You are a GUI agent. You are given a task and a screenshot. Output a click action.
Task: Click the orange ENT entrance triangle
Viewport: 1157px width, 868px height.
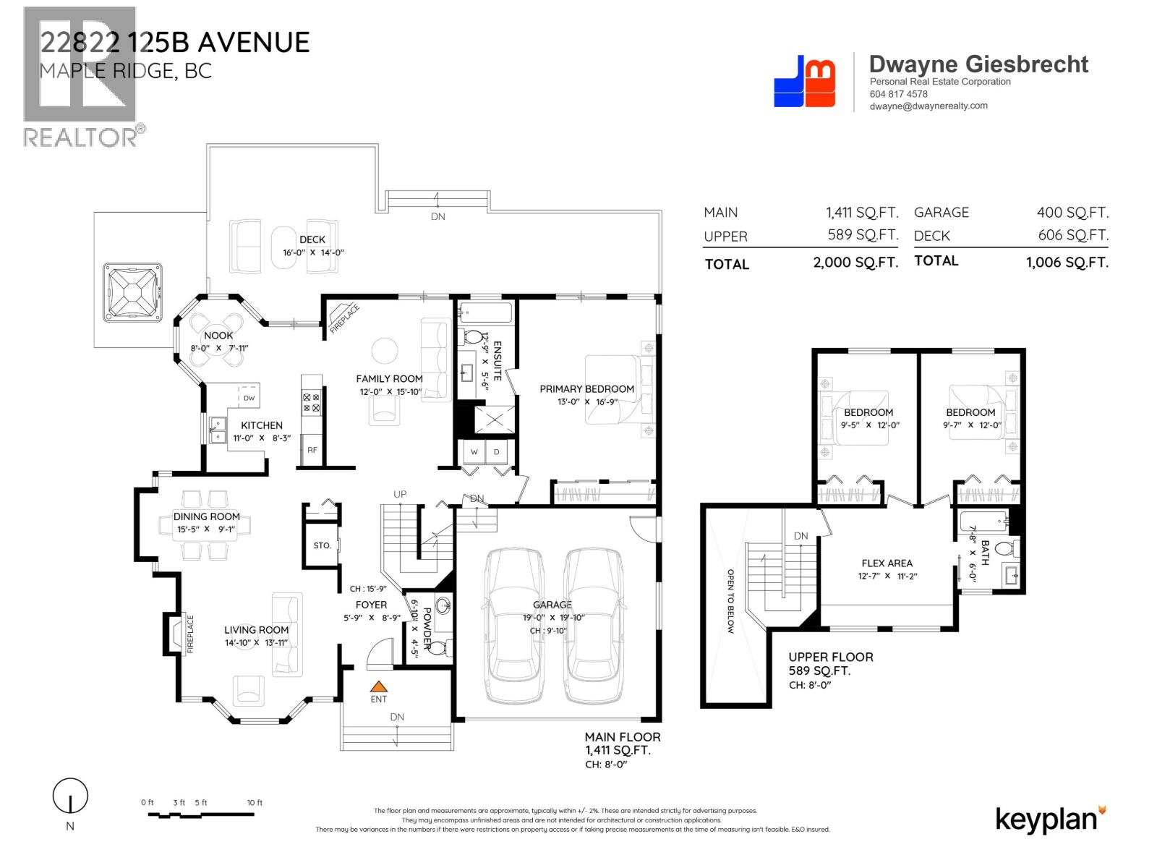point(379,686)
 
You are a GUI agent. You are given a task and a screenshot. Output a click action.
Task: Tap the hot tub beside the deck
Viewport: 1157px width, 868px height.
point(131,292)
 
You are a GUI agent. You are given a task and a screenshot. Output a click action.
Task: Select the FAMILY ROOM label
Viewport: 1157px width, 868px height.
point(389,378)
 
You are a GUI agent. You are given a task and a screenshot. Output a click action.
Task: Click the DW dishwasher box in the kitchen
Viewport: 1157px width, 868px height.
point(249,398)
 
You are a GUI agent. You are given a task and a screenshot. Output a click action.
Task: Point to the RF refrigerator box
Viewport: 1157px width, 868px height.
point(312,450)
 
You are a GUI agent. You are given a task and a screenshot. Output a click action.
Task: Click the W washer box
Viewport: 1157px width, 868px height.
point(474,452)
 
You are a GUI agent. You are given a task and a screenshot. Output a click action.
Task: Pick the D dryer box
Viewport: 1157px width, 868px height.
point(497,452)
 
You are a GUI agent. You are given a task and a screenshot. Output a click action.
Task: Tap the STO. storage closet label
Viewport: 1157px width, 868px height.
point(323,545)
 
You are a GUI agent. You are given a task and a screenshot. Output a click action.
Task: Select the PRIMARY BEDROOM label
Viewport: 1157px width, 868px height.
point(586,389)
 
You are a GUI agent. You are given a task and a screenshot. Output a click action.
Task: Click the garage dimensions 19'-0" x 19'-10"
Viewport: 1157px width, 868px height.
point(552,618)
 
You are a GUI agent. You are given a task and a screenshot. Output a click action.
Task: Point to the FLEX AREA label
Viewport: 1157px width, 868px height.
point(887,563)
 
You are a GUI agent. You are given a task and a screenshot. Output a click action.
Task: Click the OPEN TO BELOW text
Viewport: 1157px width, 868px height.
point(730,601)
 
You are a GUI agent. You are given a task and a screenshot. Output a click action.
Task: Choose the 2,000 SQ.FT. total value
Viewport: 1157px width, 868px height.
point(855,263)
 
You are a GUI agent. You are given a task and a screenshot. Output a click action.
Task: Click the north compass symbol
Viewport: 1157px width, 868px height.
point(70,798)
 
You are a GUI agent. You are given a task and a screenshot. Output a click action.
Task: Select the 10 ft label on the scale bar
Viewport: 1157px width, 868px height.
point(255,803)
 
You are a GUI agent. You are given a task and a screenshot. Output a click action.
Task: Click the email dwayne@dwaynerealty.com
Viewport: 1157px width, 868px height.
point(928,106)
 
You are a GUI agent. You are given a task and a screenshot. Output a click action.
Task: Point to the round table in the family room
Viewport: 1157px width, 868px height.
point(385,351)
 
